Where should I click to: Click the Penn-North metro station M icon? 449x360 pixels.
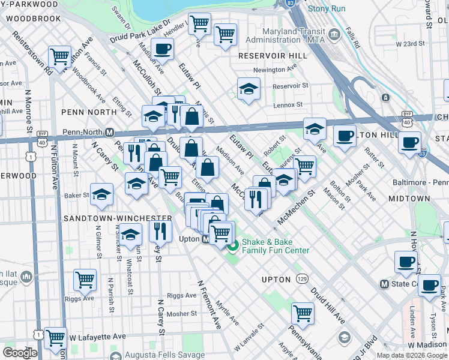point(110,132)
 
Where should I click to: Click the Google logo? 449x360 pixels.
point(20,353)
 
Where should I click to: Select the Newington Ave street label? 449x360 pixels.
point(276,70)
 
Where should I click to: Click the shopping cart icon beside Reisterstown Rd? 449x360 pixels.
point(59,57)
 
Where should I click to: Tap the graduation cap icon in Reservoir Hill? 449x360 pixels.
point(248,89)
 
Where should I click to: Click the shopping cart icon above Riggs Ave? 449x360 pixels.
point(85,279)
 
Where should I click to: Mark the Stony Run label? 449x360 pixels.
point(326,9)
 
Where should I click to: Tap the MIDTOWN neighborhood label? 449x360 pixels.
point(426,199)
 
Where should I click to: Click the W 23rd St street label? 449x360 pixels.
point(408,44)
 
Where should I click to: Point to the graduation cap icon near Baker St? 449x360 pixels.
point(102,193)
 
